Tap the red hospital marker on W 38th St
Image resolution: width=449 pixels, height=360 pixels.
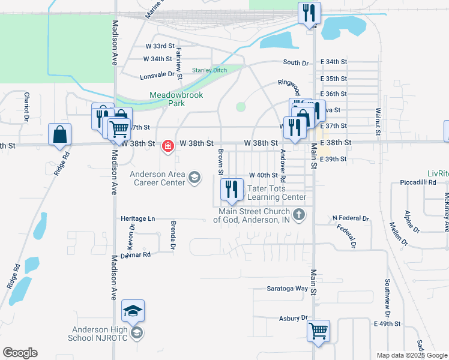[x=168, y=145]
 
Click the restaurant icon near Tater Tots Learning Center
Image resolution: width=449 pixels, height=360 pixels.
[x=231, y=190]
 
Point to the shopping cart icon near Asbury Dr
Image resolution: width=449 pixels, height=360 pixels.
[x=318, y=330]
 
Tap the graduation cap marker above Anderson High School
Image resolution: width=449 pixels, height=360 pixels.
[x=133, y=310]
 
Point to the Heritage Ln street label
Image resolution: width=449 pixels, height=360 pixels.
[x=137, y=218]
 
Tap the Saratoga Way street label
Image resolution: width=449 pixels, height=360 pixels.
[x=288, y=289]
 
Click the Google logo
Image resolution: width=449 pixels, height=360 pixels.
[x=20, y=353]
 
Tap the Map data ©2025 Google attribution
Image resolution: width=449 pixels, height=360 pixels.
[x=412, y=355]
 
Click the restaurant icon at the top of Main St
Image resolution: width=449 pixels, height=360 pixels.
[x=309, y=13]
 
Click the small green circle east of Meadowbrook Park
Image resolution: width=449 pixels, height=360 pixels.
[x=241, y=107]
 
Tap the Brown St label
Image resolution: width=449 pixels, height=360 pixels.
[x=221, y=158]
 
